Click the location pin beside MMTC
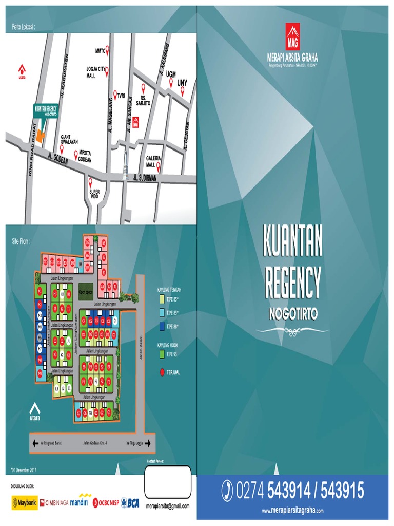pos(108,51)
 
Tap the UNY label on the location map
pos(182,83)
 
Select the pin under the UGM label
pos(171,82)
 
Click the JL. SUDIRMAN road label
pos(145,178)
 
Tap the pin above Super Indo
pos(91,182)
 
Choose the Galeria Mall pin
pos(159,165)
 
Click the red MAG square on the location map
pos(136,123)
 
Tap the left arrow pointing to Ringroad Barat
pos(35,443)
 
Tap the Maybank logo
pos(24,503)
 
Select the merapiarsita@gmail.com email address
pos(168,506)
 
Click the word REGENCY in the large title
pos(292,282)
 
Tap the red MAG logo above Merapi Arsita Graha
pos(292,36)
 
